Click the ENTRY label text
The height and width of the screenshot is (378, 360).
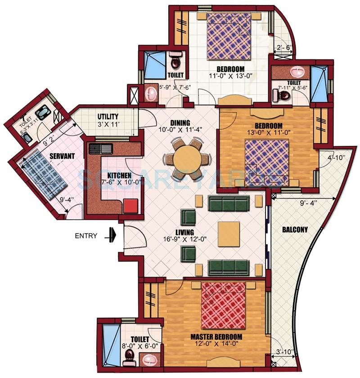[85, 235]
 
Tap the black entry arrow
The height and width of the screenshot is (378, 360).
[111, 235]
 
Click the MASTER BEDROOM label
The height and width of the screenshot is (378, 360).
[216, 337]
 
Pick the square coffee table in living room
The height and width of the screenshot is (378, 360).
[229, 234]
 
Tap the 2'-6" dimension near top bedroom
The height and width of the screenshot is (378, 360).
[283, 48]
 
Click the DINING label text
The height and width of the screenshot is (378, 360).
[180, 122]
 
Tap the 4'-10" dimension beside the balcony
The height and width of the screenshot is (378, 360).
[335, 158]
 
